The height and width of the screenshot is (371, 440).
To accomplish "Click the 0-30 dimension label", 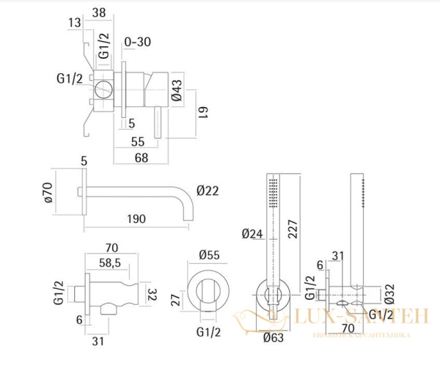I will (138, 41).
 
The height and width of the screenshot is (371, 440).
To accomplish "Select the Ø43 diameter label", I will (176, 90).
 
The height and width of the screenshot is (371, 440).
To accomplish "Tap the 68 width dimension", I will (141, 157).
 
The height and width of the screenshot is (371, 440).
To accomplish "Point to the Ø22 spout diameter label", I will (208, 191).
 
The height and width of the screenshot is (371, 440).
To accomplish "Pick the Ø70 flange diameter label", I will (48, 191).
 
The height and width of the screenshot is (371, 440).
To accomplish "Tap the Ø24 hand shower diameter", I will (252, 235).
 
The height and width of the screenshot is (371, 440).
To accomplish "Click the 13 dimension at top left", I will (73, 23).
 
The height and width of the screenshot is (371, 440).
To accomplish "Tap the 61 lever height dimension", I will (204, 114).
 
